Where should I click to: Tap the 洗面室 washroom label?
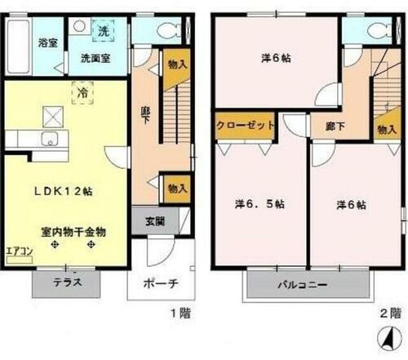click(x=96, y=59)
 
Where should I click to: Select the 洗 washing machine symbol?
click(x=103, y=31)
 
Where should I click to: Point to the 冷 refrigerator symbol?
click(x=82, y=94)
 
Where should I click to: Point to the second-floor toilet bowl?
click(x=377, y=31)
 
